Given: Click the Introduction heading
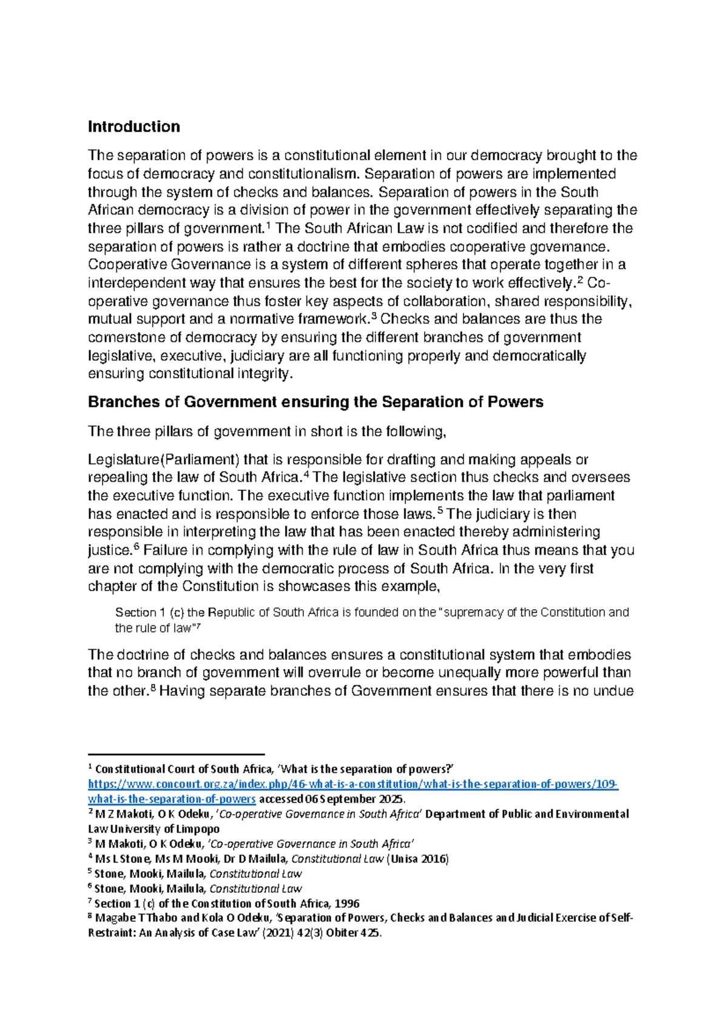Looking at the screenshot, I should (x=133, y=127).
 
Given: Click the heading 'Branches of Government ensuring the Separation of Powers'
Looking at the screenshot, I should (x=315, y=402).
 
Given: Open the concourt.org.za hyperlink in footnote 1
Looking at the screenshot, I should (x=352, y=784).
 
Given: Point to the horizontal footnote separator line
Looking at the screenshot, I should (x=176, y=754).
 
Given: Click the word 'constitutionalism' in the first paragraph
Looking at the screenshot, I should (x=303, y=174).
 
